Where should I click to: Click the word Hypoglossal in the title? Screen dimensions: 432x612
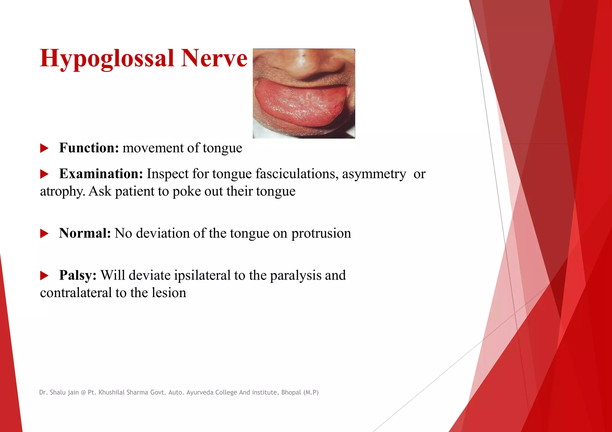[x=107, y=58]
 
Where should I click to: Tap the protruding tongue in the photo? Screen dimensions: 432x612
[x=299, y=103]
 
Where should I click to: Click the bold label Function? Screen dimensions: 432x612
[x=89, y=148]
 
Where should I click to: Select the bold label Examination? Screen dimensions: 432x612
[x=101, y=174]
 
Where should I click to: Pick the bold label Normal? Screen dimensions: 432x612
[x=85, y=233]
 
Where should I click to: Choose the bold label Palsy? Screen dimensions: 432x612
[x=78, y=275]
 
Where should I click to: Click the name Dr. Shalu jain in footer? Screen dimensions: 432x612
[x=59, y=392]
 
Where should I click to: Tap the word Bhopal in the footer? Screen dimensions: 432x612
[x=291, y=392]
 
